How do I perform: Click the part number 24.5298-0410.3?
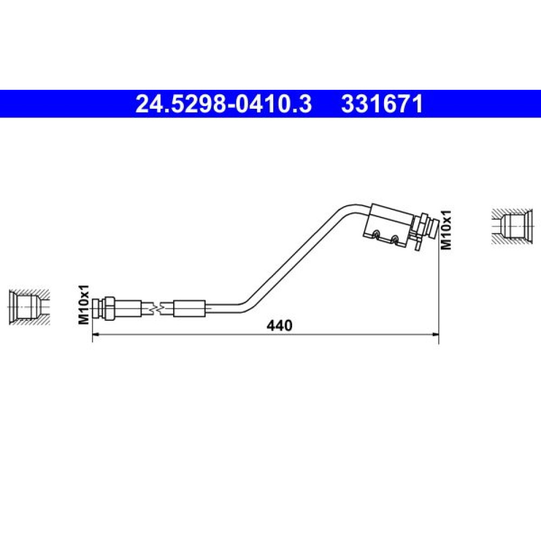click(223, 104)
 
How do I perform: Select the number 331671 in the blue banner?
click(382, 104)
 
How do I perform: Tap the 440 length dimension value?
click(280, 325)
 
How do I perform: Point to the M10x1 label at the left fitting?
click(84, 304)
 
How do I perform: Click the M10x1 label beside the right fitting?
click(446, 230)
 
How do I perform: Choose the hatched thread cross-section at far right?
click(513, 227)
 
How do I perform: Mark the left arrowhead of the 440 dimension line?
click(96, 334)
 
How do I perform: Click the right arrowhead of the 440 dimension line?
click(435, 334)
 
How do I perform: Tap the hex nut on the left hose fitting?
click(109, 308)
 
